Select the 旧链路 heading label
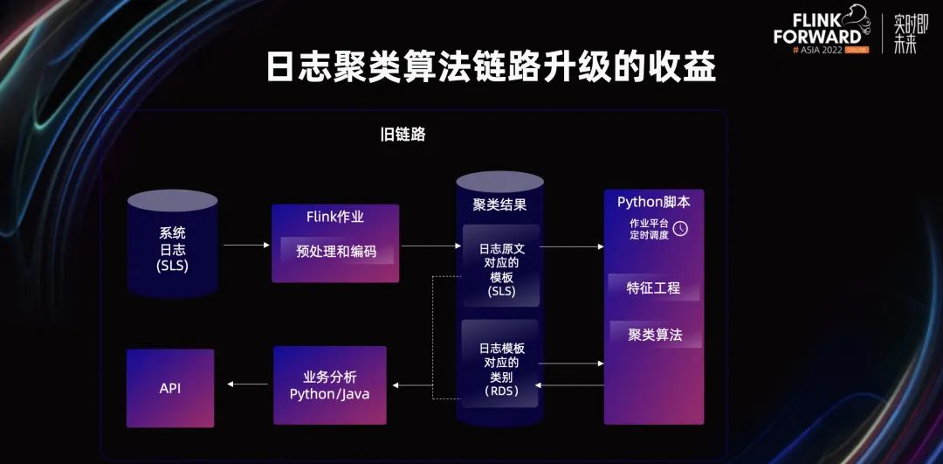[403, 135]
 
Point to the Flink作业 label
[335, 217]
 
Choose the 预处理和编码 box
[336, 251]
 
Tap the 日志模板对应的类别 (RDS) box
[500, 367]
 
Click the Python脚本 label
[654, 202]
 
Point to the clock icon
[680, 229]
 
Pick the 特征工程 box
[654, 288]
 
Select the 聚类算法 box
[654, 335]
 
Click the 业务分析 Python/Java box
[329, 385]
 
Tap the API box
[170, 388]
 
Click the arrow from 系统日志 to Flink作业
[245, 246]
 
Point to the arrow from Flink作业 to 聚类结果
[430, 246]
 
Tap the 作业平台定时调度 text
[649, 229]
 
